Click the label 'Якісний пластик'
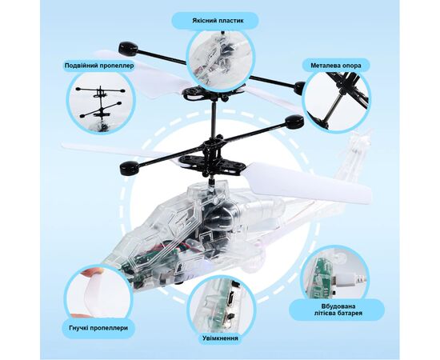point(218,21)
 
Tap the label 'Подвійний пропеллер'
point(99,66)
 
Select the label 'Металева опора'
point(336,66)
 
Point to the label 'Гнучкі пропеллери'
point(98,328)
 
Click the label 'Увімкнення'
point(220,338)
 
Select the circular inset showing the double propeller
point(101,104)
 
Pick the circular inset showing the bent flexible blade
point(98,293)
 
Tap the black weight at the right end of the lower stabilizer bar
point(294,122)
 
